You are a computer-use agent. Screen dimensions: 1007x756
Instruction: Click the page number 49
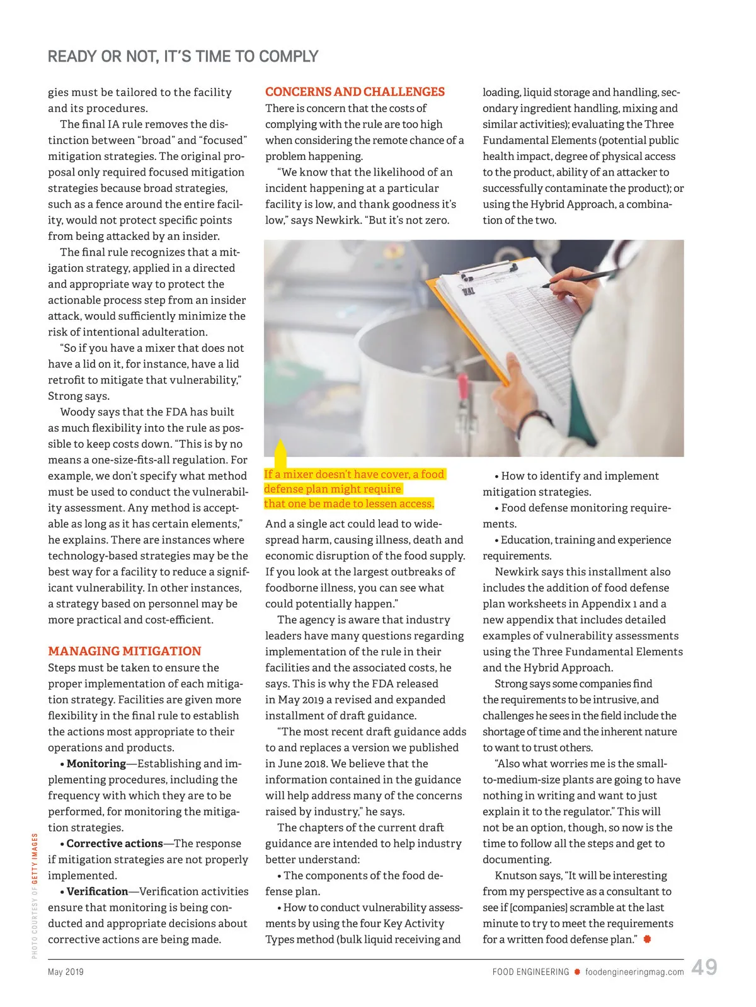click(x=704, y=967)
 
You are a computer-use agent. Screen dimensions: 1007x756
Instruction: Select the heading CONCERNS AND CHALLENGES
click(x=355, y=92)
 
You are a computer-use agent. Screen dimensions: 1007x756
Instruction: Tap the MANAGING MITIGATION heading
click(x=124, y=651)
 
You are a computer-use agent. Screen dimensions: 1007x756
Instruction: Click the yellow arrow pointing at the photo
click(x=280, y=453)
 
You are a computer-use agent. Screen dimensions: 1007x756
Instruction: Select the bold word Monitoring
click(x=96, y=763)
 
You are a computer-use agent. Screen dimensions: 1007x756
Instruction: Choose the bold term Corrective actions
click(x=114, y=843)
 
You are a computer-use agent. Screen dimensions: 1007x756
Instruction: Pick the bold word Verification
click(x=97, y=891)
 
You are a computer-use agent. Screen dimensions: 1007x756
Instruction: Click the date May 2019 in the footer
click(x=66, y=972)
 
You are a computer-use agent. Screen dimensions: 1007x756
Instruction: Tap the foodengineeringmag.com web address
click(x=634, y=972)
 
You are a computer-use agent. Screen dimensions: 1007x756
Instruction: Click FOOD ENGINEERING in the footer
click(x=530, y=972)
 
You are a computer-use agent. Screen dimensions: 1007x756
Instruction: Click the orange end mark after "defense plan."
click(x=647, y=939)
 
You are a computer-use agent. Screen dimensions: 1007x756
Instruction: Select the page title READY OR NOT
click(x=183, y=57)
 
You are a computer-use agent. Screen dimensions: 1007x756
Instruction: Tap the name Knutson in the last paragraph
click(x=516, y=875)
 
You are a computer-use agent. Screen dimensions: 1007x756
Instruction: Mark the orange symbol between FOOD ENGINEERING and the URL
click(x=577, y=972)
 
